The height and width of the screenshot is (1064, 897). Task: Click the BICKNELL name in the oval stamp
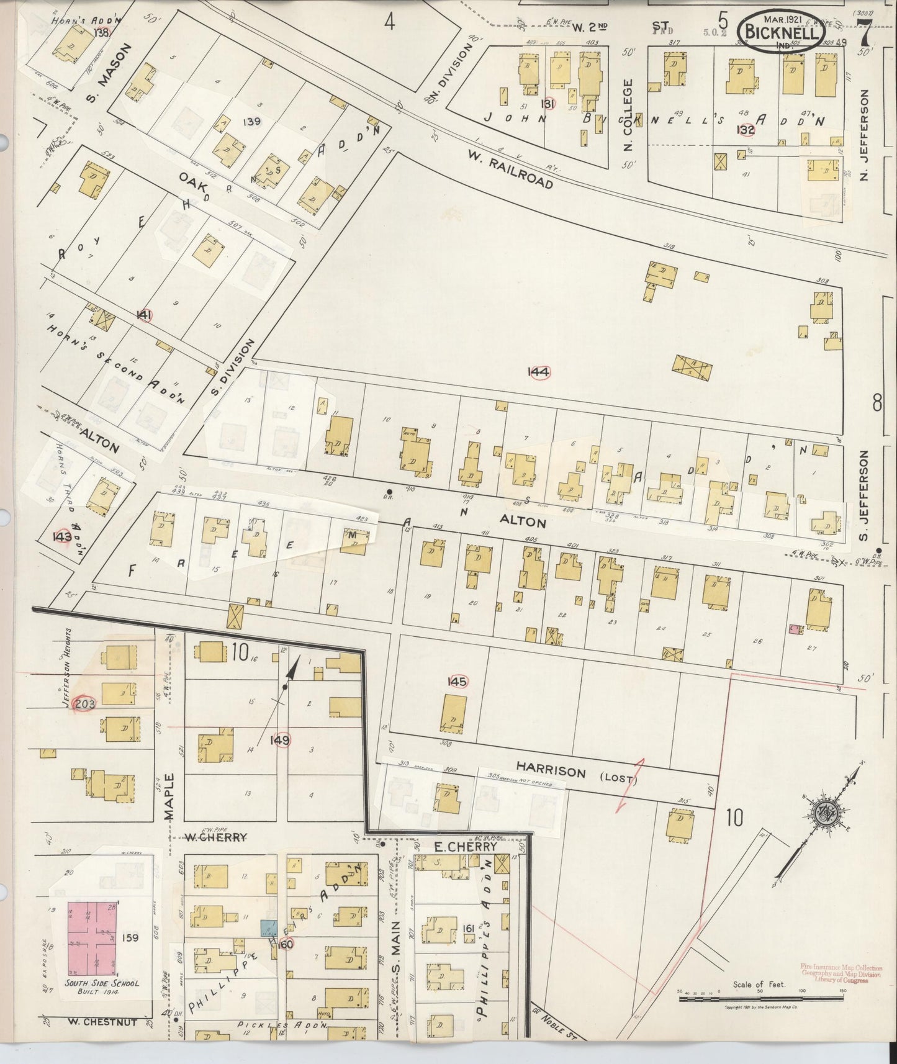(x=780, y=30)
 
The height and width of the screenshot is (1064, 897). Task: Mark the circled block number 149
(x=281, y=740)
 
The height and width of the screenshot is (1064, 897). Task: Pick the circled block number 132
(x=746, y=130)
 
